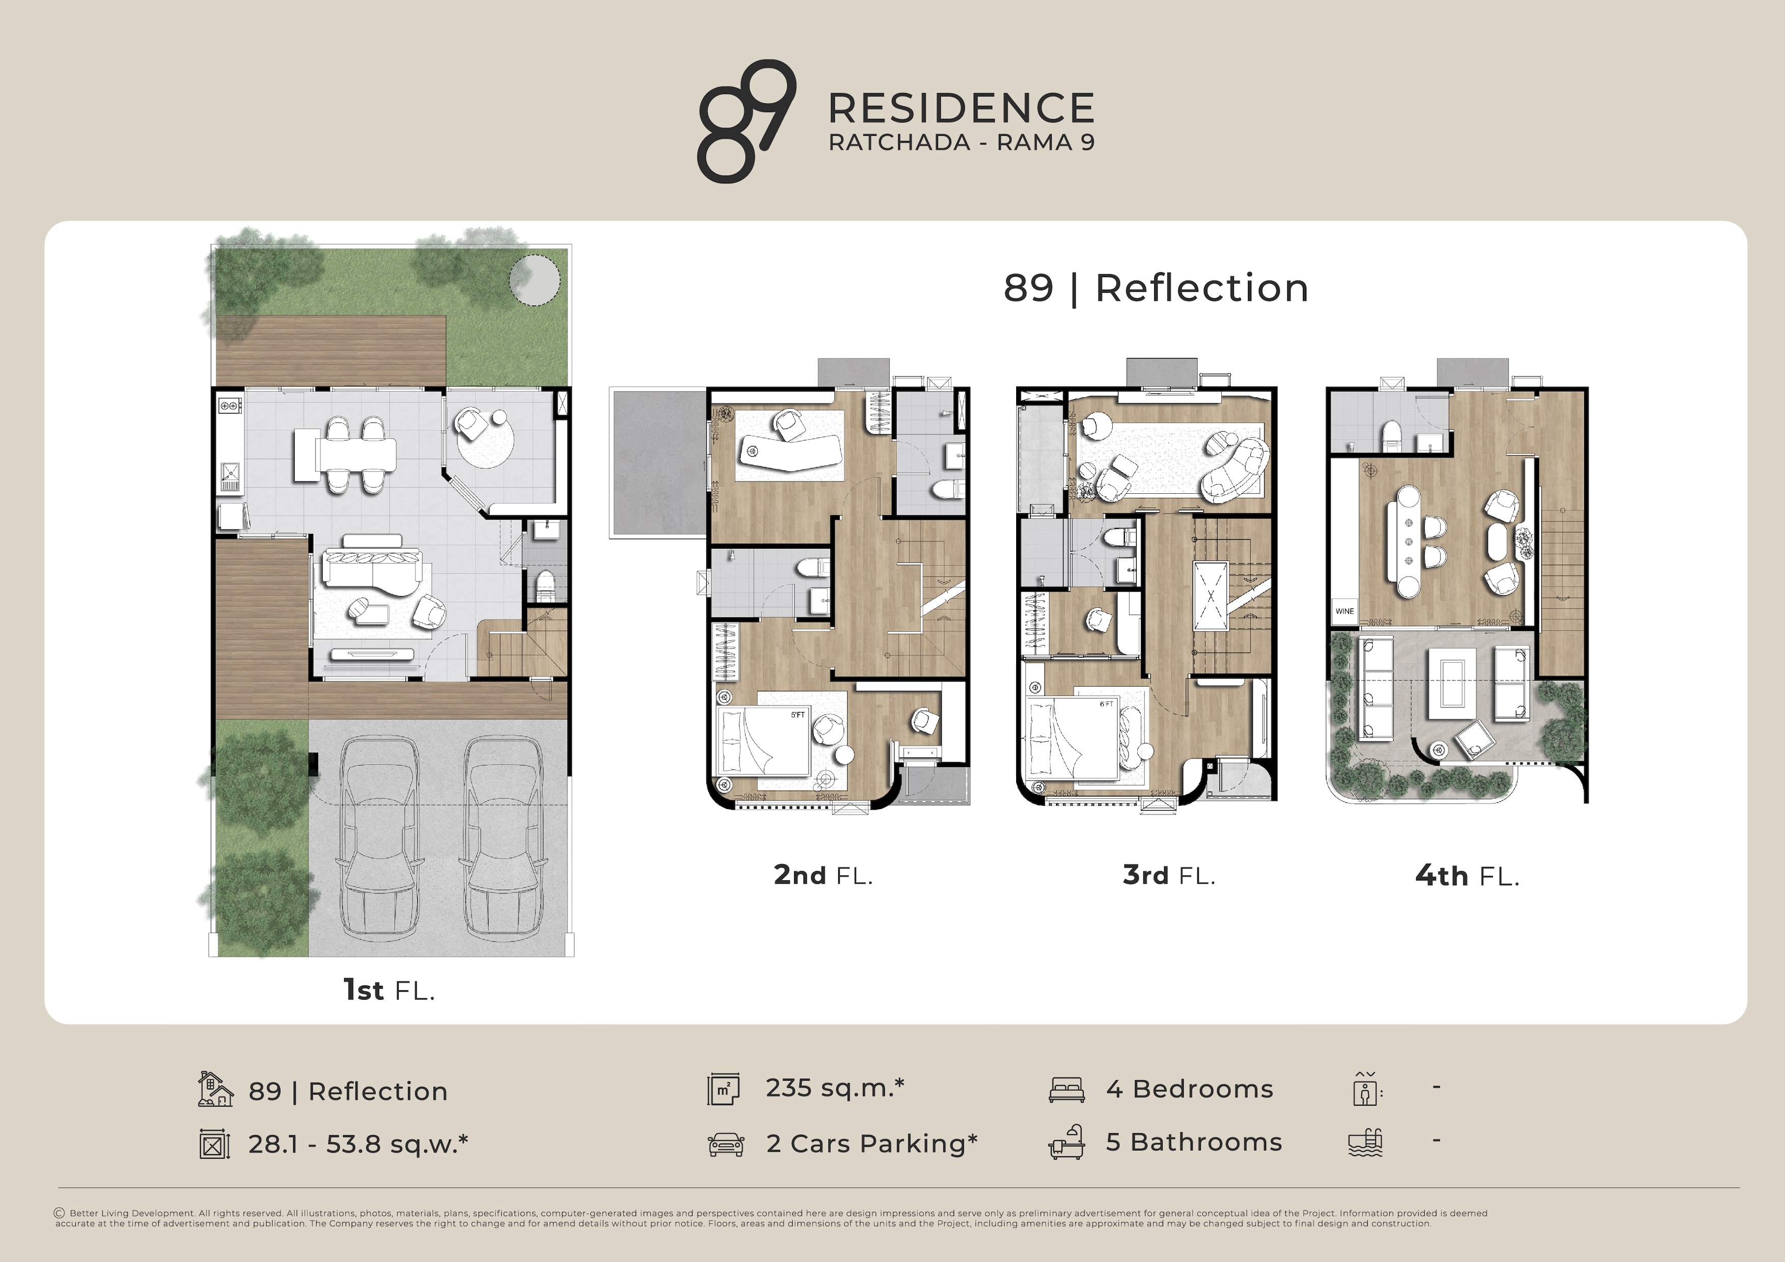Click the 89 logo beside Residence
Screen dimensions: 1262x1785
coord(746,121)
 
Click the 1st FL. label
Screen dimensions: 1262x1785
coord(389,990)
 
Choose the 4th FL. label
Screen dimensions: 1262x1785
coord(1466,876)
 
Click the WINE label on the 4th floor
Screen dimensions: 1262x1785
coord(1344,611)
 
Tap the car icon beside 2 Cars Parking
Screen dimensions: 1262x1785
coord(726,1144)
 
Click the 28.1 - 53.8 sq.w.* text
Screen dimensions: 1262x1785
coord(358,1144)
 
